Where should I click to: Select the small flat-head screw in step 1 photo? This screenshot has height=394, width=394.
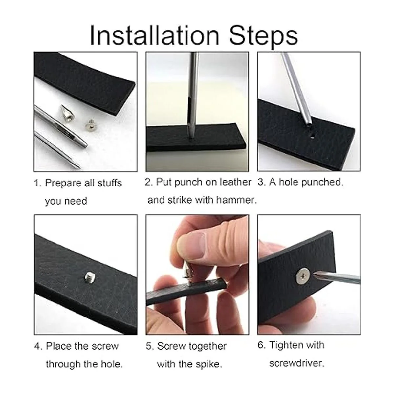(90, 123)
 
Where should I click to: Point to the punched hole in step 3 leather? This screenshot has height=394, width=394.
(313, 136)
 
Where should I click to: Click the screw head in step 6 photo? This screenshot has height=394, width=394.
(303, 275)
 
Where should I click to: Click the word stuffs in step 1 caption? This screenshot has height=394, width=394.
(110, 183)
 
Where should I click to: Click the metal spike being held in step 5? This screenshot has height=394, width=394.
(188, 271)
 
